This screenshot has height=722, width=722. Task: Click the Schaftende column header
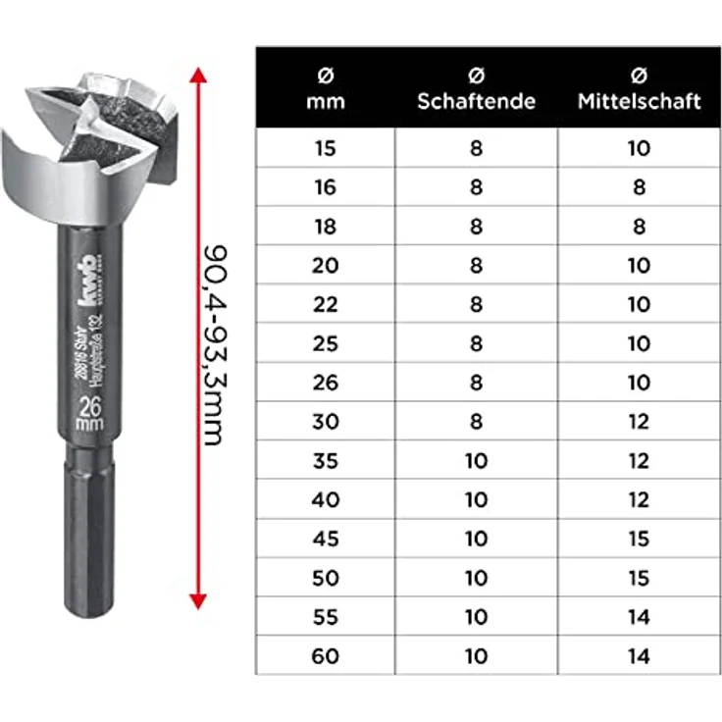pos(476,88)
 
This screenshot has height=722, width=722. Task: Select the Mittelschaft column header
pos(639,88)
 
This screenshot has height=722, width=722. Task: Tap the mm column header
pos(325,88)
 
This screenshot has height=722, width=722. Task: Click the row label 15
pos(325,149)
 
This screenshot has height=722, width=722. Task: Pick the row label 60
pos(325,655)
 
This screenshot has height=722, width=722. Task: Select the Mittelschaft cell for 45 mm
pos(639,539)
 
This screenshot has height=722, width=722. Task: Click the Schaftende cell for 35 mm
pos(476,460)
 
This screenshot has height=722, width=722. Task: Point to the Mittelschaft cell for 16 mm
pos(639,187)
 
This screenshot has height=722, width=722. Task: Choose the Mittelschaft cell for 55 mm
pos(639,616)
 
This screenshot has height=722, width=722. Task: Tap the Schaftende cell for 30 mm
pos(476,422)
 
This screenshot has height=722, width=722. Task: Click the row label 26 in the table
pos(325,383)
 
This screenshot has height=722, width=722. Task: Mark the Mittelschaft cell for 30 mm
pos(639,422)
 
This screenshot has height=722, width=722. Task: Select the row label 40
pos(325,499)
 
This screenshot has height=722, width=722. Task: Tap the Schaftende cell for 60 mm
pos(476,655)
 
